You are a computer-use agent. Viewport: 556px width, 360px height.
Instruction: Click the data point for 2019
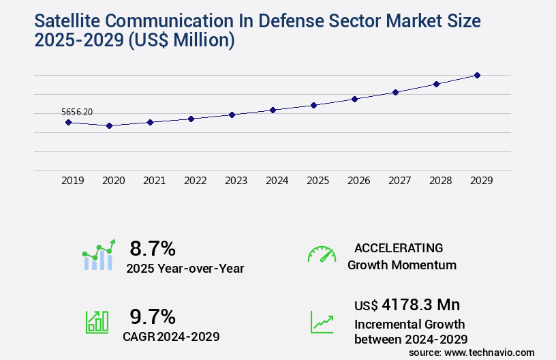point(68,122)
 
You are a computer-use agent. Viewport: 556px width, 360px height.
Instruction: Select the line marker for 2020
point(109,125)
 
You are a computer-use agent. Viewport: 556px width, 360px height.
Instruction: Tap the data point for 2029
point(477,75)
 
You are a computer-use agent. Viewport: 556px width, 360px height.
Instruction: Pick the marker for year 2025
point(313,105)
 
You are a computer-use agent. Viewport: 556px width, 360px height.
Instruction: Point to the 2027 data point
point(395,92)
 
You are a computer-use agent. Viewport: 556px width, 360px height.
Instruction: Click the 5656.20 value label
point(77,111)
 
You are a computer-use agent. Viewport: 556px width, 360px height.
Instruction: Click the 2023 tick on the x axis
point(236,181)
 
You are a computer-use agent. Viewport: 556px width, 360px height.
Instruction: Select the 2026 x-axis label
point(358,181)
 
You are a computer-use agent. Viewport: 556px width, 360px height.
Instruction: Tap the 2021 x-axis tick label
point(154,181)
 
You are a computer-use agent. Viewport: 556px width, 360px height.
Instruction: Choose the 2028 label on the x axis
point(440,181)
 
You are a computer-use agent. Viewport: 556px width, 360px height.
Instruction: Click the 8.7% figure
point(153,248)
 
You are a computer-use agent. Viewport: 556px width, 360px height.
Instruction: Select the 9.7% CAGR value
point(153,316)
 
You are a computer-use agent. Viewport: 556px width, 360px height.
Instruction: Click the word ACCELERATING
point(399,248)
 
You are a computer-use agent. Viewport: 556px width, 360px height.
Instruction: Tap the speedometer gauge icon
point(322,254)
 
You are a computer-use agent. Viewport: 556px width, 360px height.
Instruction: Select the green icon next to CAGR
point(97,322)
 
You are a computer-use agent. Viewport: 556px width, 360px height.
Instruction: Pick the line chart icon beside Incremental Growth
point(322,322)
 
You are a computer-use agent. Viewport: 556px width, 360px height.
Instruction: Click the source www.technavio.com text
point(472,352)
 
